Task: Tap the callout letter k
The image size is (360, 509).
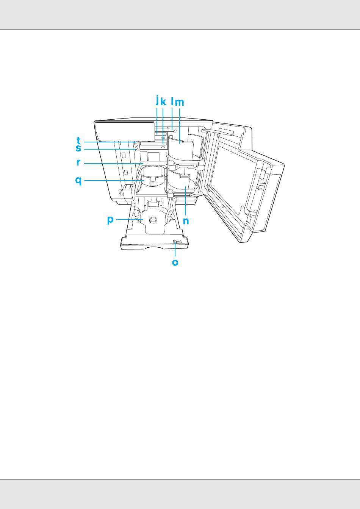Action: click(163, 102)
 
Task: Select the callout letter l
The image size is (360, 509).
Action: click(172, 101)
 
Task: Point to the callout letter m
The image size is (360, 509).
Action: click(179, 102)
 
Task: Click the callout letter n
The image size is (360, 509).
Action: click(186, 221)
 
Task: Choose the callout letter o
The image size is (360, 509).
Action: click(175, 262)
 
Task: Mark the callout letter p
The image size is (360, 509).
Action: click(110, 220)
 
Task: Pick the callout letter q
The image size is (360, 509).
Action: click(78, 180)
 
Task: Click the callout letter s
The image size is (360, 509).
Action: click(78, 148)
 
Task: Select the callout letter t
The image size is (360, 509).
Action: click(78, 141)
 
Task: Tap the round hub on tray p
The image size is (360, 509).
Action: click(153, 220)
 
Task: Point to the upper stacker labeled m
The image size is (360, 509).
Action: click(181, 148)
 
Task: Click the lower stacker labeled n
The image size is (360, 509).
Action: click(184, 182)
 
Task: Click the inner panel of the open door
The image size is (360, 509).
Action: click(231, 178)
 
